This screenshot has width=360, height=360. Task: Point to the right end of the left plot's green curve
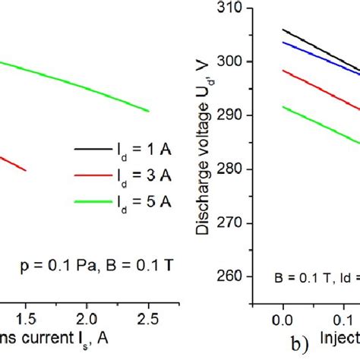point(148,111)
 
